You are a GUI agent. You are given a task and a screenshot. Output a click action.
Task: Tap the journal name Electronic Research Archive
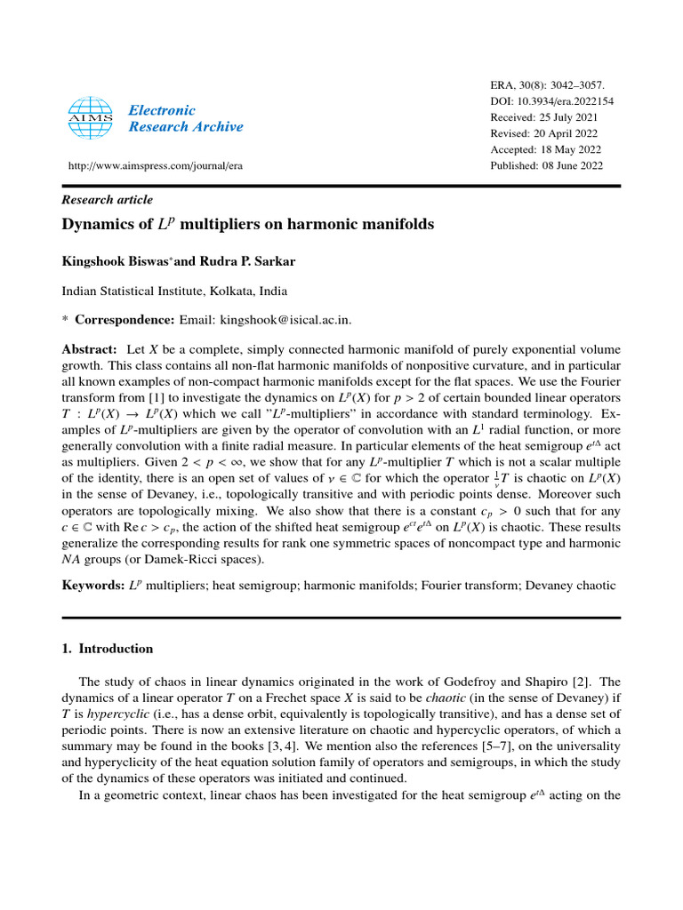tap(185, 118)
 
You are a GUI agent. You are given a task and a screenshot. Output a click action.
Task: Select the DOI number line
tap(552, 101)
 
